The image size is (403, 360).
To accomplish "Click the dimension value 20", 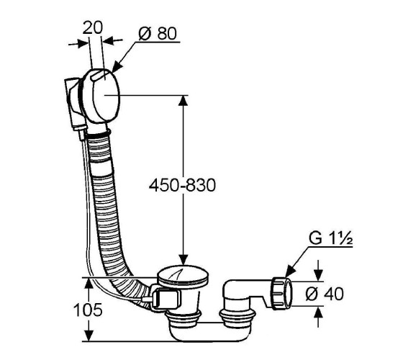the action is [93, 28].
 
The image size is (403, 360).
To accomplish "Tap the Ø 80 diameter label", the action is [158, 33].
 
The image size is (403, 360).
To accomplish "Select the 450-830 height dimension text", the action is [182, 185].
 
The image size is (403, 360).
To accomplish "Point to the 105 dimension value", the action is [88, 310].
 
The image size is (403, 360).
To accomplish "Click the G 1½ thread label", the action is [330, 238].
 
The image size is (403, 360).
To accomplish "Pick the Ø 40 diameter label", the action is [325, 294].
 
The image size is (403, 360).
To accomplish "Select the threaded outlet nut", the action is [281, 293].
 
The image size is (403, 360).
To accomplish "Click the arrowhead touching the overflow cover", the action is [117, 66].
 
